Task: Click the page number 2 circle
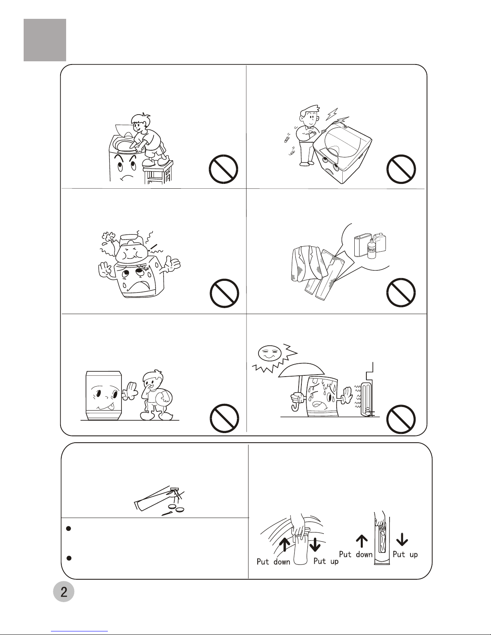pos(64,592)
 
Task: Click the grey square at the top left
pos(45,40)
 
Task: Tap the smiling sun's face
pos(269,354)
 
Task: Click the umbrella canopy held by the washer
pos(301,370)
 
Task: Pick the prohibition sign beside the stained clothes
pos(401,292)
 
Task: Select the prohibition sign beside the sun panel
pos(401,419)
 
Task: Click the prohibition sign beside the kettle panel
pos(224,293)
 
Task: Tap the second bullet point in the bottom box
pos(69,558)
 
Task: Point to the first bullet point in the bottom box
pos(69,528)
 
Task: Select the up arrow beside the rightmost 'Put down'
pos(362,541)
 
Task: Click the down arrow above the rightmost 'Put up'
pos(402,539)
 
